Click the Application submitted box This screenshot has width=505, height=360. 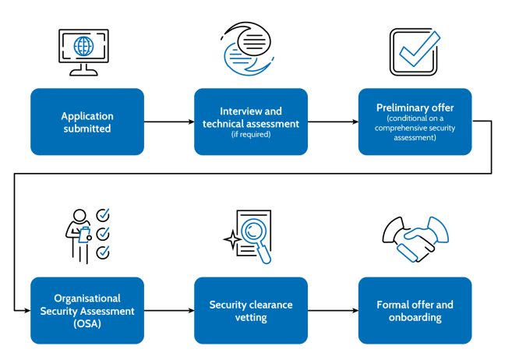tap(87, 122)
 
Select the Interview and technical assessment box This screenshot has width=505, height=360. tap(251, 122)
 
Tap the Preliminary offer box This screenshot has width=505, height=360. tap(415, 122)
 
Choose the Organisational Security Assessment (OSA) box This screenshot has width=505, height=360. tap(87, 310)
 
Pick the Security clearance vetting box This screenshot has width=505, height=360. tap(251, 310)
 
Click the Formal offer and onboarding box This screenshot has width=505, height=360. tap(415, 310)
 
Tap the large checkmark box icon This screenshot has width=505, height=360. tap(414, 48)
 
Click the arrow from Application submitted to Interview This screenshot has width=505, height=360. tap(169, 122)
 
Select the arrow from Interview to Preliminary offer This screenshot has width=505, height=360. tap(333, 122)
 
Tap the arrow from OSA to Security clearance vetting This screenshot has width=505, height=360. tap(169, 311)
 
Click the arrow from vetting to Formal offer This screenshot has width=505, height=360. tap(333, 311)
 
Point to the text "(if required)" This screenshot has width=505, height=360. tap(251, 135)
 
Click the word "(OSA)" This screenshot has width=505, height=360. tap(87, 323)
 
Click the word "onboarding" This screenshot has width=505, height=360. tap(415, 317)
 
